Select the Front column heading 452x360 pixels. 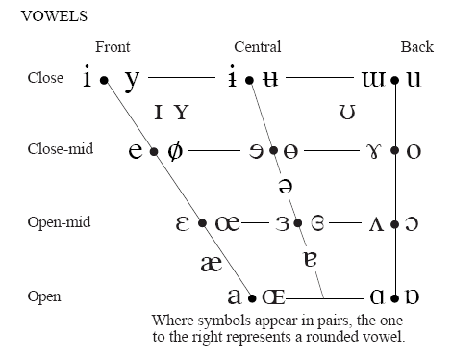click(x=113, y=47)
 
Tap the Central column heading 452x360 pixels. click(x=258, y=47)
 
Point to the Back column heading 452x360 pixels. click(x=416, y=47)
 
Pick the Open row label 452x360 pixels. click(x=44, y=295)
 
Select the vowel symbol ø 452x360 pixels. click(x=174, y=150)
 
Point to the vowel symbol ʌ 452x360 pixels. click(x=377, y=223)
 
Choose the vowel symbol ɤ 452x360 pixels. click(x=375, y=151)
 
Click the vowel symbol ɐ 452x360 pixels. click(x=310, y=258)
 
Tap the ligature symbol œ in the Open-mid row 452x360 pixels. click(x=227, y=223)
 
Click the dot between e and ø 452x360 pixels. click(x=154, y=151)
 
